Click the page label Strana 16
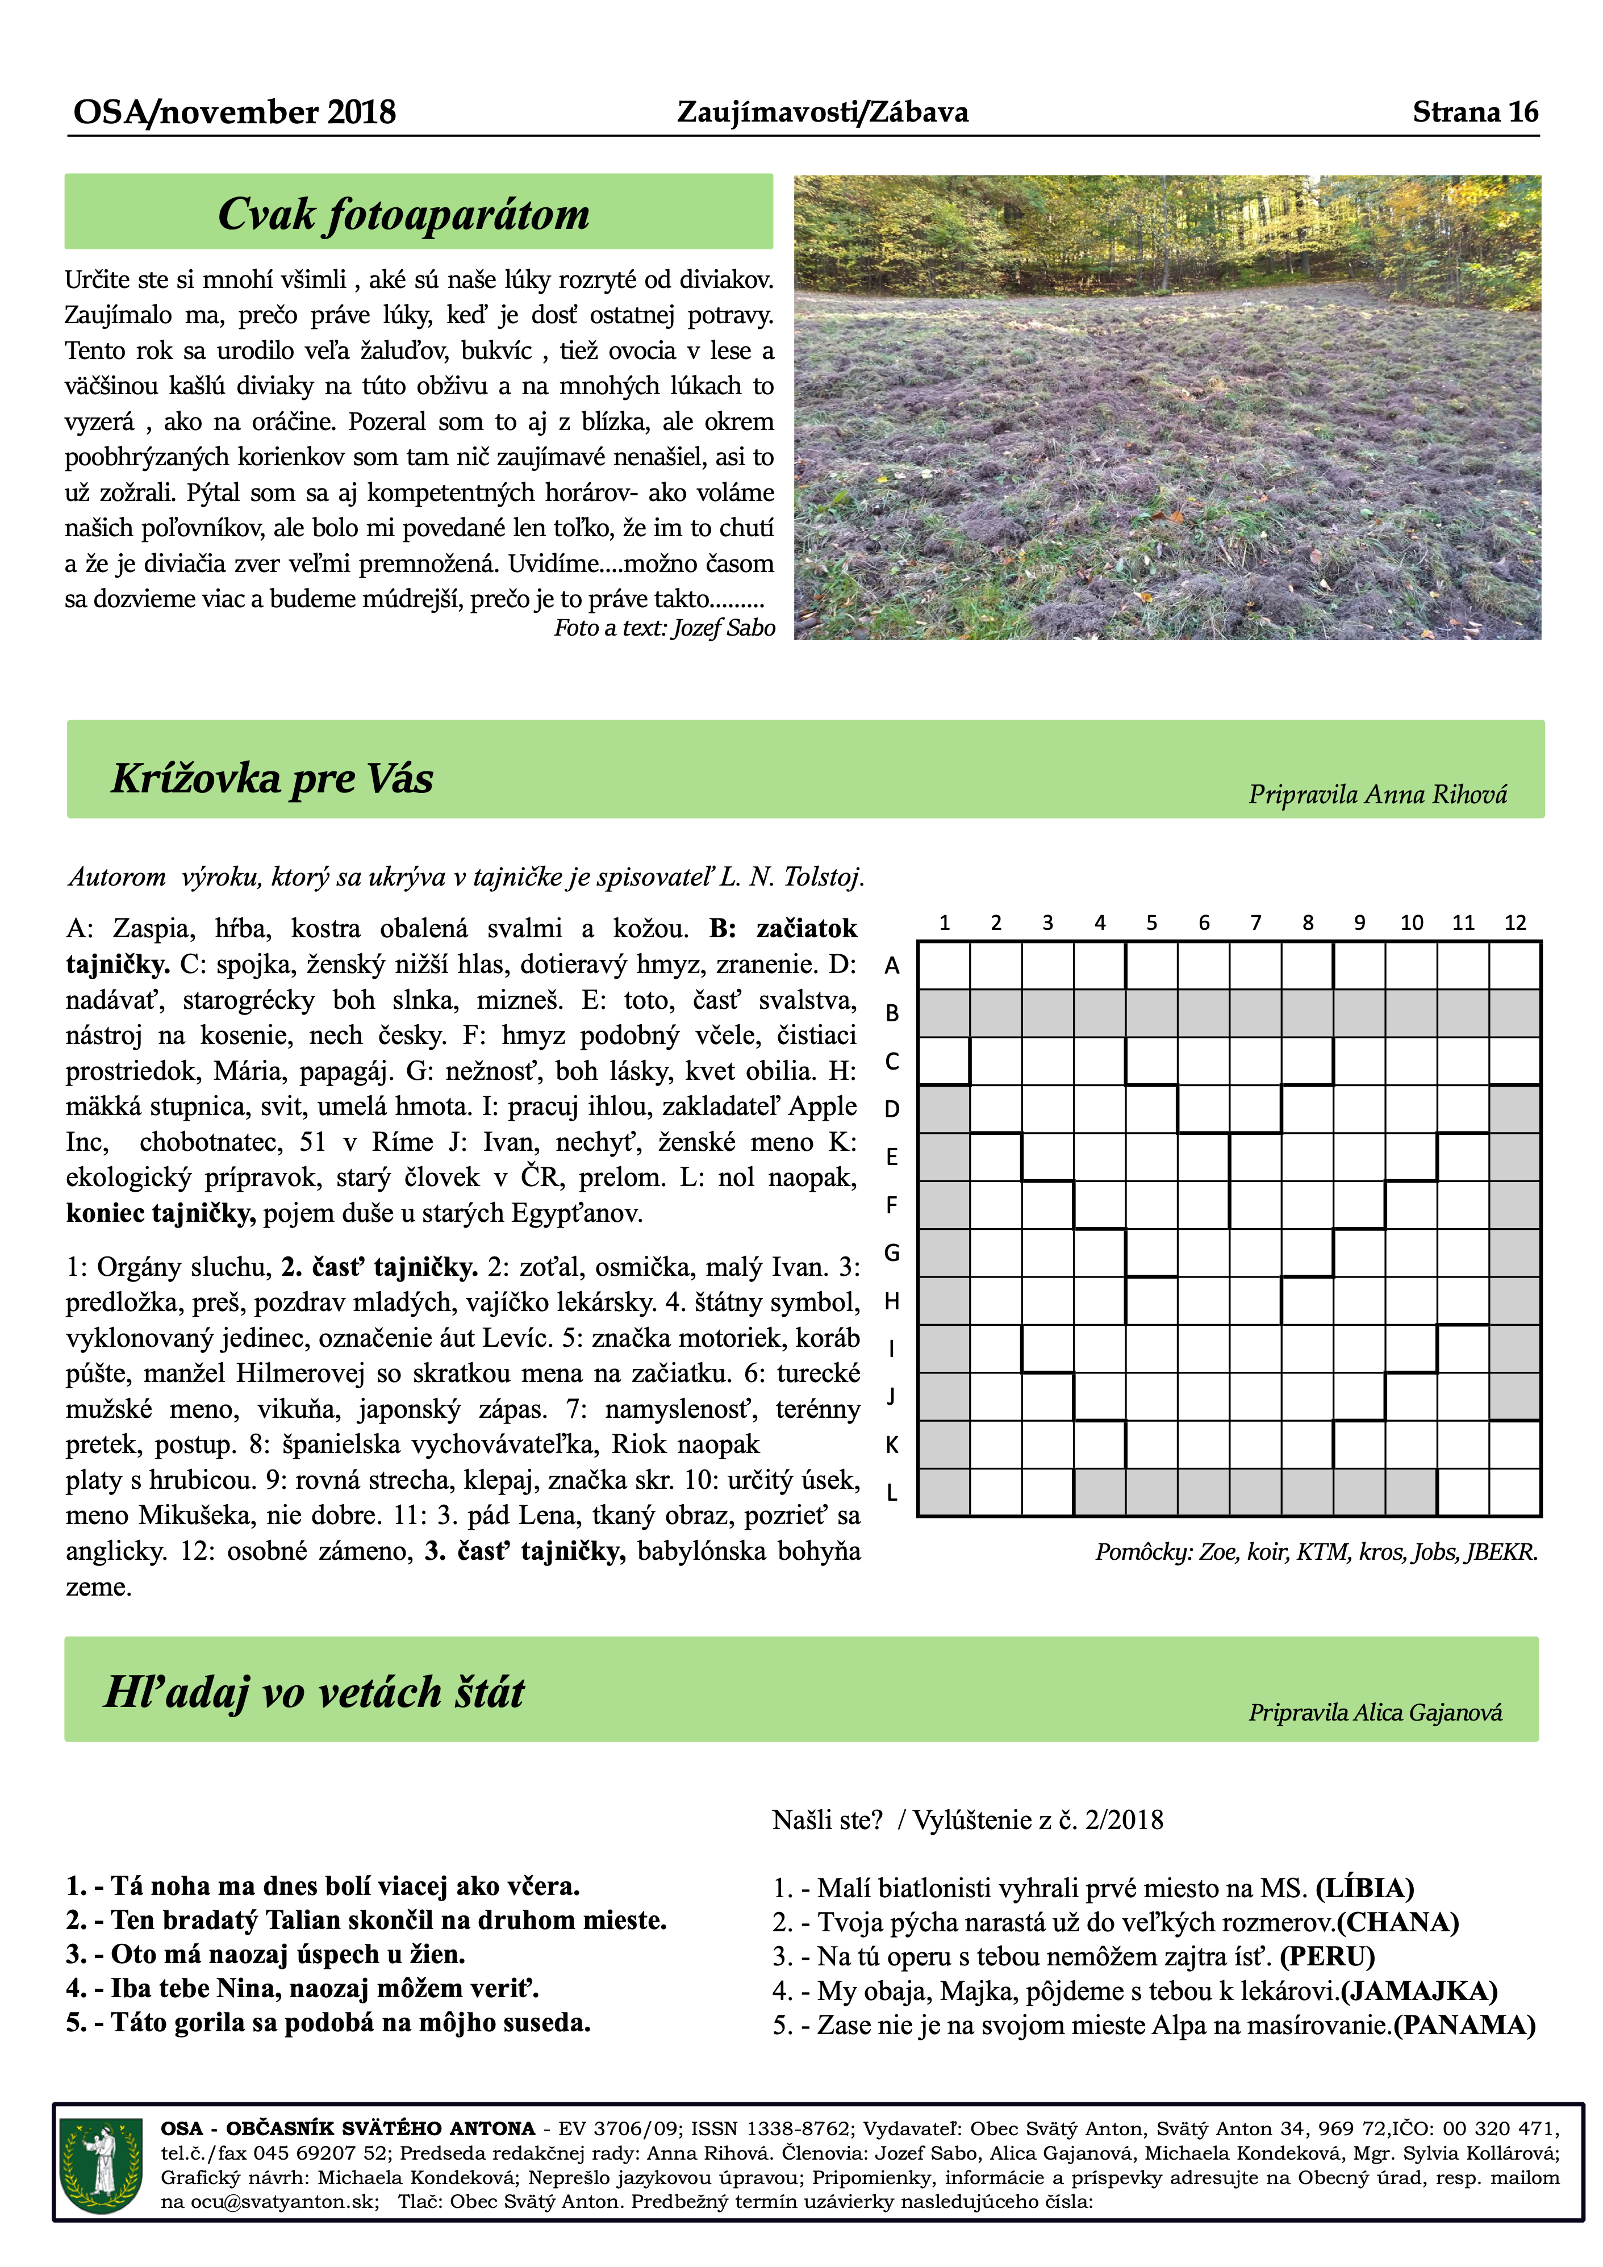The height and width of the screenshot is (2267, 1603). pos(1475,111)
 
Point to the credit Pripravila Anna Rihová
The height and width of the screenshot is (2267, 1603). pos(1377,795)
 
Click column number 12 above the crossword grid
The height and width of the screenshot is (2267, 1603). pos(1514,923)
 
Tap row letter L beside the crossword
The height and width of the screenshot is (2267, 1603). pos(892,1493)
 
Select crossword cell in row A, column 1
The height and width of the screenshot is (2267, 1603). pos(944,966)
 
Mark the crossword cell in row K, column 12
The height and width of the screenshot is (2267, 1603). pos(1514,1444)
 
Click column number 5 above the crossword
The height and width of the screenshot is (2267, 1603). pos(1151,923)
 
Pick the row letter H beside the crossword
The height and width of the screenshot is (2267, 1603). pos(892,1301)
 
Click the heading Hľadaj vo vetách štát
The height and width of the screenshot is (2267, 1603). pos(314,1692)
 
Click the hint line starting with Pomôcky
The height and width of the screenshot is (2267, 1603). pos(1316,1551)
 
